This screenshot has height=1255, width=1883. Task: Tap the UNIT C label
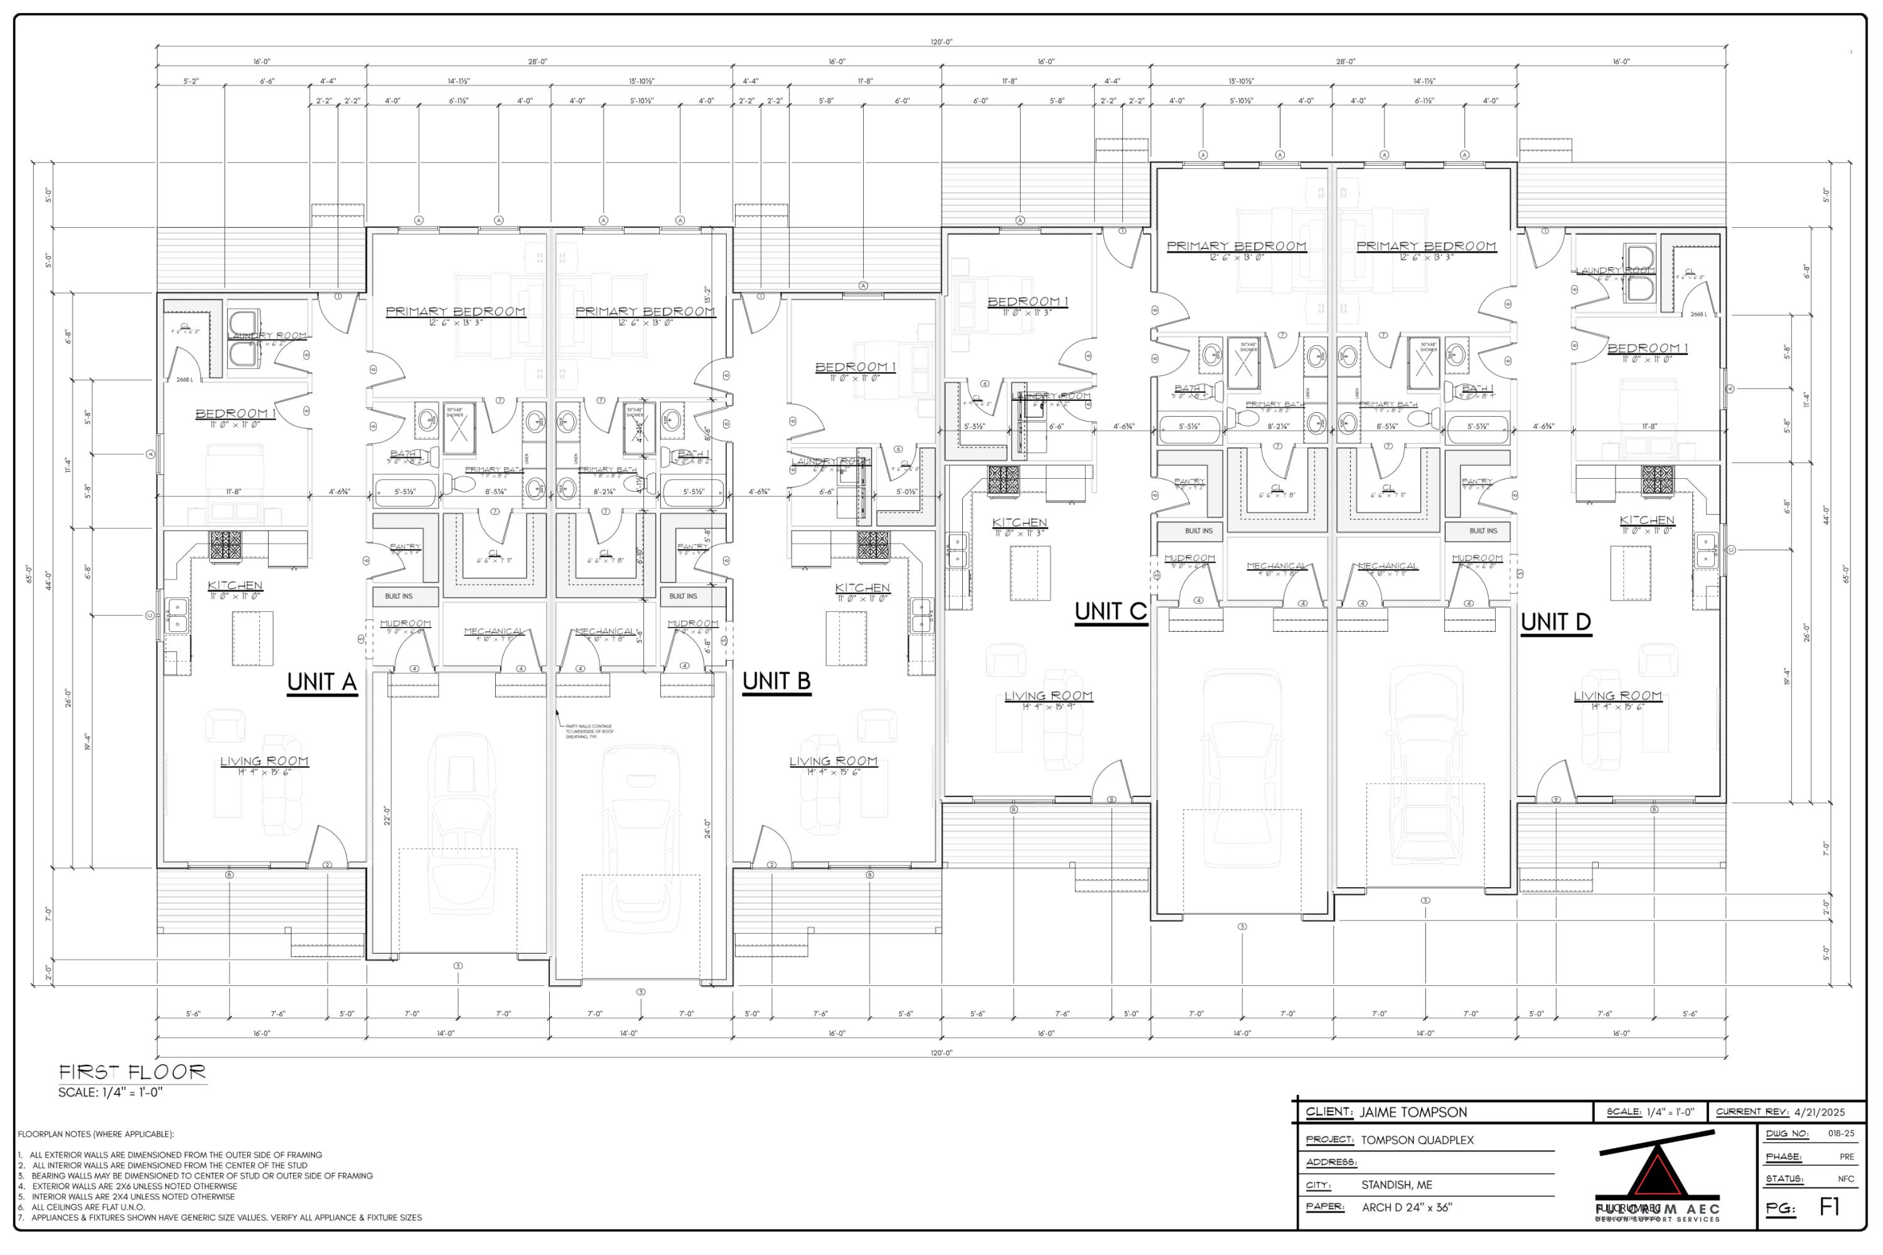pyautogui.click(x=1110, y=611)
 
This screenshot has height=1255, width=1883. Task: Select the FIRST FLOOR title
pyautogui.click(x=132, y=1072)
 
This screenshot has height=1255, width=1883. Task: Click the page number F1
pyautogui.click(x=1830, y=1207)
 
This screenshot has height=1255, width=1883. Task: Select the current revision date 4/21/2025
pyautogui.click(x=1820, y=1112)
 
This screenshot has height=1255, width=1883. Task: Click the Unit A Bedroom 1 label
pyautogui.click(x=235, y=414)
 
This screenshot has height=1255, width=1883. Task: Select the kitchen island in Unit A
pyautogui.click(x=252, y=638)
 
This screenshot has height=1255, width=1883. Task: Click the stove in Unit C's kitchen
pyautogui.click(x=1002, y=480)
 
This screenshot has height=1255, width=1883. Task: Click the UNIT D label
pyautogui.click(x=1555, y=622)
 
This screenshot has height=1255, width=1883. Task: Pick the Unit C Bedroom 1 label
pyautogui.click(x=1027, y=302)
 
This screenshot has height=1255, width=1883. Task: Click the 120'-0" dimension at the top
pyautogui.click(x=942, y=41)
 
